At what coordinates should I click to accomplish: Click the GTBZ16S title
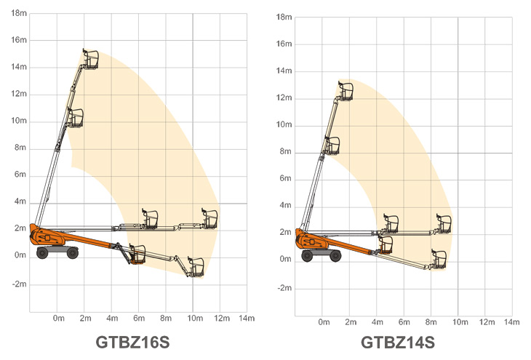[x=132, y=342]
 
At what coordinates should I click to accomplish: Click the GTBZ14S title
[x=398, y=342]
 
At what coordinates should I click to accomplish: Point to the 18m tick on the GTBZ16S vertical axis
[x=19, y=13]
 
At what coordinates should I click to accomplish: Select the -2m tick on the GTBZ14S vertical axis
[x=284, y=288]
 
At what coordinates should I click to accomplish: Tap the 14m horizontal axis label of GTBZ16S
[x=247, y=319]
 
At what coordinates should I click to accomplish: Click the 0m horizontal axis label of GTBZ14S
[x=324, y=322]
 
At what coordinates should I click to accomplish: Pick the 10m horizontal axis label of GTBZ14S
[x=460, y=322]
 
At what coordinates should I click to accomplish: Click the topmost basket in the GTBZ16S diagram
[x=90, y=59]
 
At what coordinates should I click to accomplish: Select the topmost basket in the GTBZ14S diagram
[x=346, y=91]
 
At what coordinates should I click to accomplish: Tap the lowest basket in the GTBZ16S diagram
[x=196, y=268]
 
